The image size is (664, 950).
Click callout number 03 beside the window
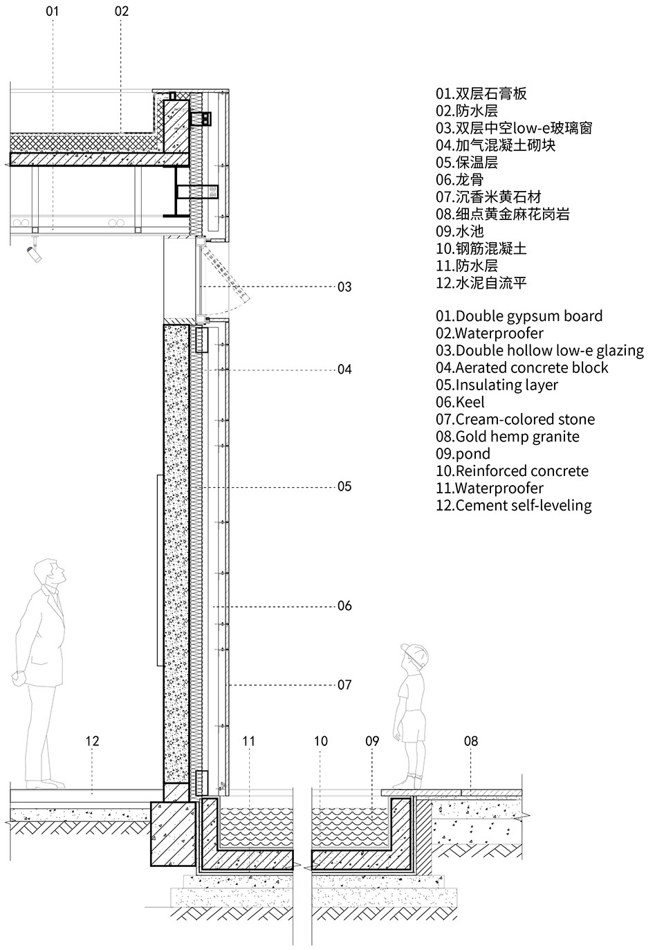tap(344, 286)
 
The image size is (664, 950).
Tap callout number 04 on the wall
tap(344, 369)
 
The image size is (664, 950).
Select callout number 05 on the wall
tap(344, 486)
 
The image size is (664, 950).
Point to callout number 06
tap(344, 606)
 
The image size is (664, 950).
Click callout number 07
tap(344, 685)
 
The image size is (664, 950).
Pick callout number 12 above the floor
tap(92, 741)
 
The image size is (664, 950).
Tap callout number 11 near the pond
tap(249, 741)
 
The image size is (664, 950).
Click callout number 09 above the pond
tap(372, 741)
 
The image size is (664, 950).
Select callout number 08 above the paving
tap(470, 741)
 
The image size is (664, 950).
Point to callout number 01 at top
tap(53, 11)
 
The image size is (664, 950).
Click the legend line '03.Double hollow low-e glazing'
tap(539, 351)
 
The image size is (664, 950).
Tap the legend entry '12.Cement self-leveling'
tap(513, 505)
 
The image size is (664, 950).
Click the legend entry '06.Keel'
tap(460, 402)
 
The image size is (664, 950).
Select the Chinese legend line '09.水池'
tap(459, 231)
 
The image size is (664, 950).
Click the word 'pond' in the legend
tap(473, 454)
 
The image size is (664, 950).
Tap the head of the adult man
tap(50, 572)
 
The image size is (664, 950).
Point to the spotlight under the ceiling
tap(33, 255)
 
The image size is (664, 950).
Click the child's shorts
tap(414, 727)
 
